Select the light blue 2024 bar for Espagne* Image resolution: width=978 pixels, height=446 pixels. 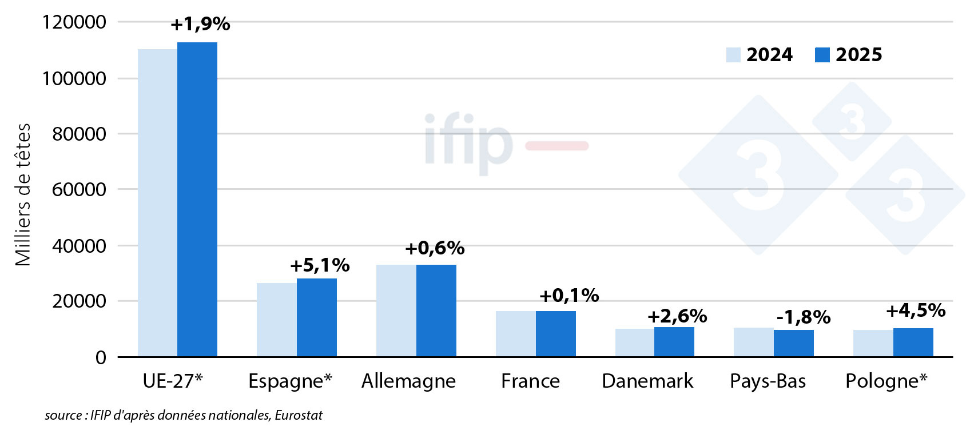277,320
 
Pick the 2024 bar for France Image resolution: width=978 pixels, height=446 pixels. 515,334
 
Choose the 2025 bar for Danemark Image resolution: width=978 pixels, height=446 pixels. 674,342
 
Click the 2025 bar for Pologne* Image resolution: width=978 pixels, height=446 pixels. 913,343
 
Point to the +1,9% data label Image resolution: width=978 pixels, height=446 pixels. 200,24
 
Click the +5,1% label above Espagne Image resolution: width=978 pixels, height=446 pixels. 320,265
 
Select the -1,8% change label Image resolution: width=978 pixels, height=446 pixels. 804,317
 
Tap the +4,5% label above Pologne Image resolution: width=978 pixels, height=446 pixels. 916,310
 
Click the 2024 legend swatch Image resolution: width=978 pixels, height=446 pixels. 733,55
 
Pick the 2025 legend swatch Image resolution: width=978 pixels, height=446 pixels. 822,55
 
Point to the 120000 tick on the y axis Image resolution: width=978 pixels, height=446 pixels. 74,22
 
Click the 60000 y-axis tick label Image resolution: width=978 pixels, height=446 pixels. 79,189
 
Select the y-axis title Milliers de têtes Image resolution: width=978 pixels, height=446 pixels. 23,194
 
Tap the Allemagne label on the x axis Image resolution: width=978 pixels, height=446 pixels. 408,381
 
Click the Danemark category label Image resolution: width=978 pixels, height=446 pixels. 647,381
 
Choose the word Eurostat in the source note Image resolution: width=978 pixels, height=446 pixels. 299,415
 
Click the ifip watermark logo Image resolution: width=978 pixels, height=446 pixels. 469,143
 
